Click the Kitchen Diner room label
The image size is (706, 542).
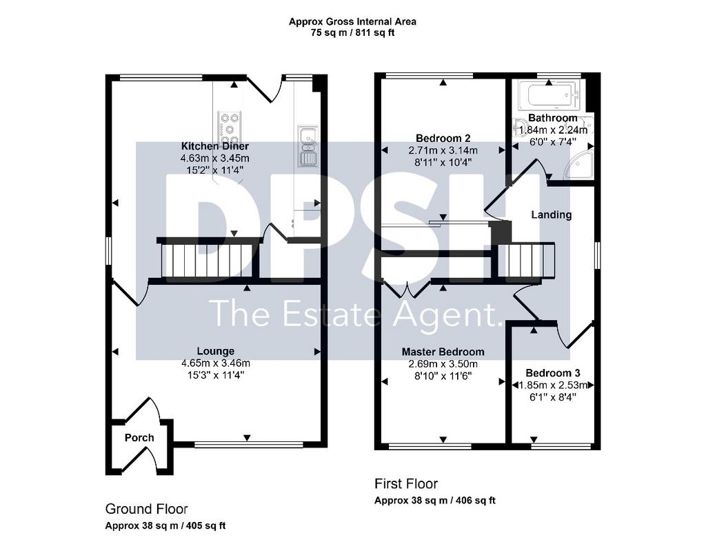[x=215, y=146]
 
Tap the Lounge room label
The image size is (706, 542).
[x=216, y=351]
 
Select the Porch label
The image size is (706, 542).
[x=139, y=438]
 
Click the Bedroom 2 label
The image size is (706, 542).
[x=443, y=138]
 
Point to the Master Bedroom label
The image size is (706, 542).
[x=443, y=352]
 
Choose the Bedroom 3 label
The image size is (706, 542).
[x=553, y=373]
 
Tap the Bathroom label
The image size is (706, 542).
[x=552, y=118]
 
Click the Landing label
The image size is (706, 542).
[x=552, y=214]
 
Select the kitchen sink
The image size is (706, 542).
[x=308, y=147]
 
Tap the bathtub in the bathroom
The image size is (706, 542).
[x=549, y=95]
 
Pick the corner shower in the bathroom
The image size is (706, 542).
[x=579, y=163]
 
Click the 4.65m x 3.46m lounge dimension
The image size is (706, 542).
[x=216, y=363]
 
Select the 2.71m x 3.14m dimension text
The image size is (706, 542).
[x=443, y=150]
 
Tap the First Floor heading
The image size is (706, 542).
[x=406, y=484]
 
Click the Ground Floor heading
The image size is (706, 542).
[x=146, y=509]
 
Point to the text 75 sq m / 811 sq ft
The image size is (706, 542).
[x=352, y=33]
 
